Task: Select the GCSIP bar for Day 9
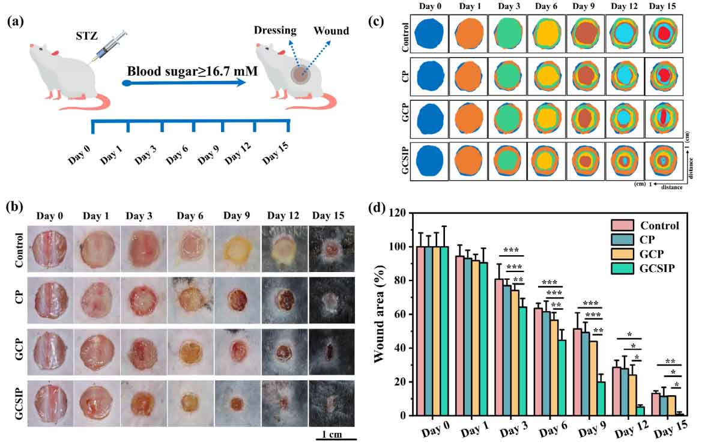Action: pyautogui.click(x=583, y=399)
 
